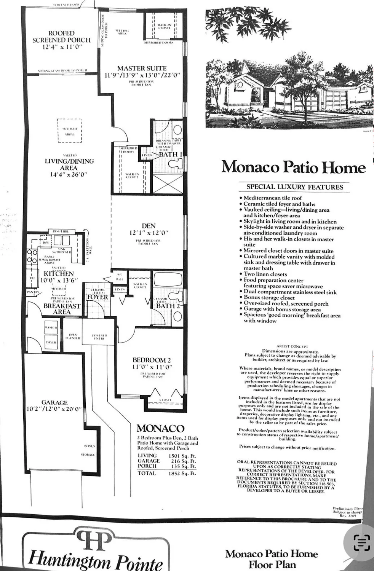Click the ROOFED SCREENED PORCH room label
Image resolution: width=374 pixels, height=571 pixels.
pyautogui.click(x=61, y=37)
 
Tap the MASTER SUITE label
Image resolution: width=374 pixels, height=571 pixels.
pyautogui.click(x=142, y=69)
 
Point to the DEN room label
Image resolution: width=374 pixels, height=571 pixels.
pyautogui.click(x=149, y=226)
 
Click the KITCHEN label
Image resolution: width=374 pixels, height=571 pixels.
pyautogui.click(x=59, y=274)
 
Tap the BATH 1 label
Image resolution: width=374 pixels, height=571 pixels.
pyautogui.click(x=170, y=155)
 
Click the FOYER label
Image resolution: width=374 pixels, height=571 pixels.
pyautogui.click(x=97, y=297)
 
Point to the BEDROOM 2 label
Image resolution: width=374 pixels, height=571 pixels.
pyautogui.click(x=152, y=360)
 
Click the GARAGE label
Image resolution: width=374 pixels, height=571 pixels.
pyautogui.click(x=54, y=403)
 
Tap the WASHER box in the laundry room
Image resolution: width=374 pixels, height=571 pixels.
pyautogui.click(x=51, y=327)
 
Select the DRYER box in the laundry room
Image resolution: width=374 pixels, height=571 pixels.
pyautogui.click(x=51, y=342)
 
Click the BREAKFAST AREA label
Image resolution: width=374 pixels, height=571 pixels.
pyautogui.click(x=62, y=309)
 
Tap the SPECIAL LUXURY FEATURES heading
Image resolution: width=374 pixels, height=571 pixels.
pyautogui.click(x=295, y=187)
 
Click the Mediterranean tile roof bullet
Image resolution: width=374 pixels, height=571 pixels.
pyautogui.click(x=272, y=198)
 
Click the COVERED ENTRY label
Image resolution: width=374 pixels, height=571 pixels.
pyautogui.click(x=99, y=337)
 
